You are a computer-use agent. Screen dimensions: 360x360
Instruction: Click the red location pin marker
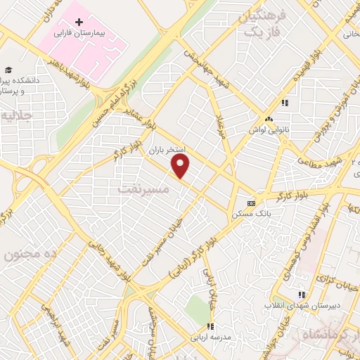click(x=181, y=167)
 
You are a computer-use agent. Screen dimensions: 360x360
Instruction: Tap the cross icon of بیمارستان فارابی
click(x=79, y=22)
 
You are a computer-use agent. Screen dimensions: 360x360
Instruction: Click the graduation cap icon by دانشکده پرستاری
click(x=8, y=70)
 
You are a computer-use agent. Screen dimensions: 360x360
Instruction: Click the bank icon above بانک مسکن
click(x=252, y=202)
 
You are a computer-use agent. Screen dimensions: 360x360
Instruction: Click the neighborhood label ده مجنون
click(x=26, y=255)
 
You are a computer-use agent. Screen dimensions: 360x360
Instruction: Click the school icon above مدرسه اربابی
click(x=210, y=326)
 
